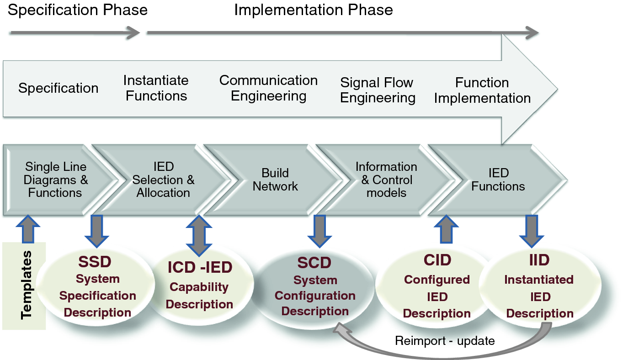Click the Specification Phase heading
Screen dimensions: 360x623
(78, 10)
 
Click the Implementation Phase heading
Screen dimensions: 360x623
(314, 10)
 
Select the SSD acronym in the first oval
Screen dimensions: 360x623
(95, 262)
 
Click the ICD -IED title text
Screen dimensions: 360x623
(200, 268)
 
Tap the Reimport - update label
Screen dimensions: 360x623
(445, 341)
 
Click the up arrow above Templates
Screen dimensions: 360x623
(28, 228)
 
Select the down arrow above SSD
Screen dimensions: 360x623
(97, 230)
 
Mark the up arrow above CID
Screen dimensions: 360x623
(446, 229)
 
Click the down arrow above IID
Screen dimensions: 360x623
(532, 230)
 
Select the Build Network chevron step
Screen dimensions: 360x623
(275, 180)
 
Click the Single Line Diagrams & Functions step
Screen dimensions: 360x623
(55, 180)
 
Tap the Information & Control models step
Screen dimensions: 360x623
(386, 180)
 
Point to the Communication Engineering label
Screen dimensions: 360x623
(268, 88)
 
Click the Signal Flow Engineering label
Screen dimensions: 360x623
(378, 90)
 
